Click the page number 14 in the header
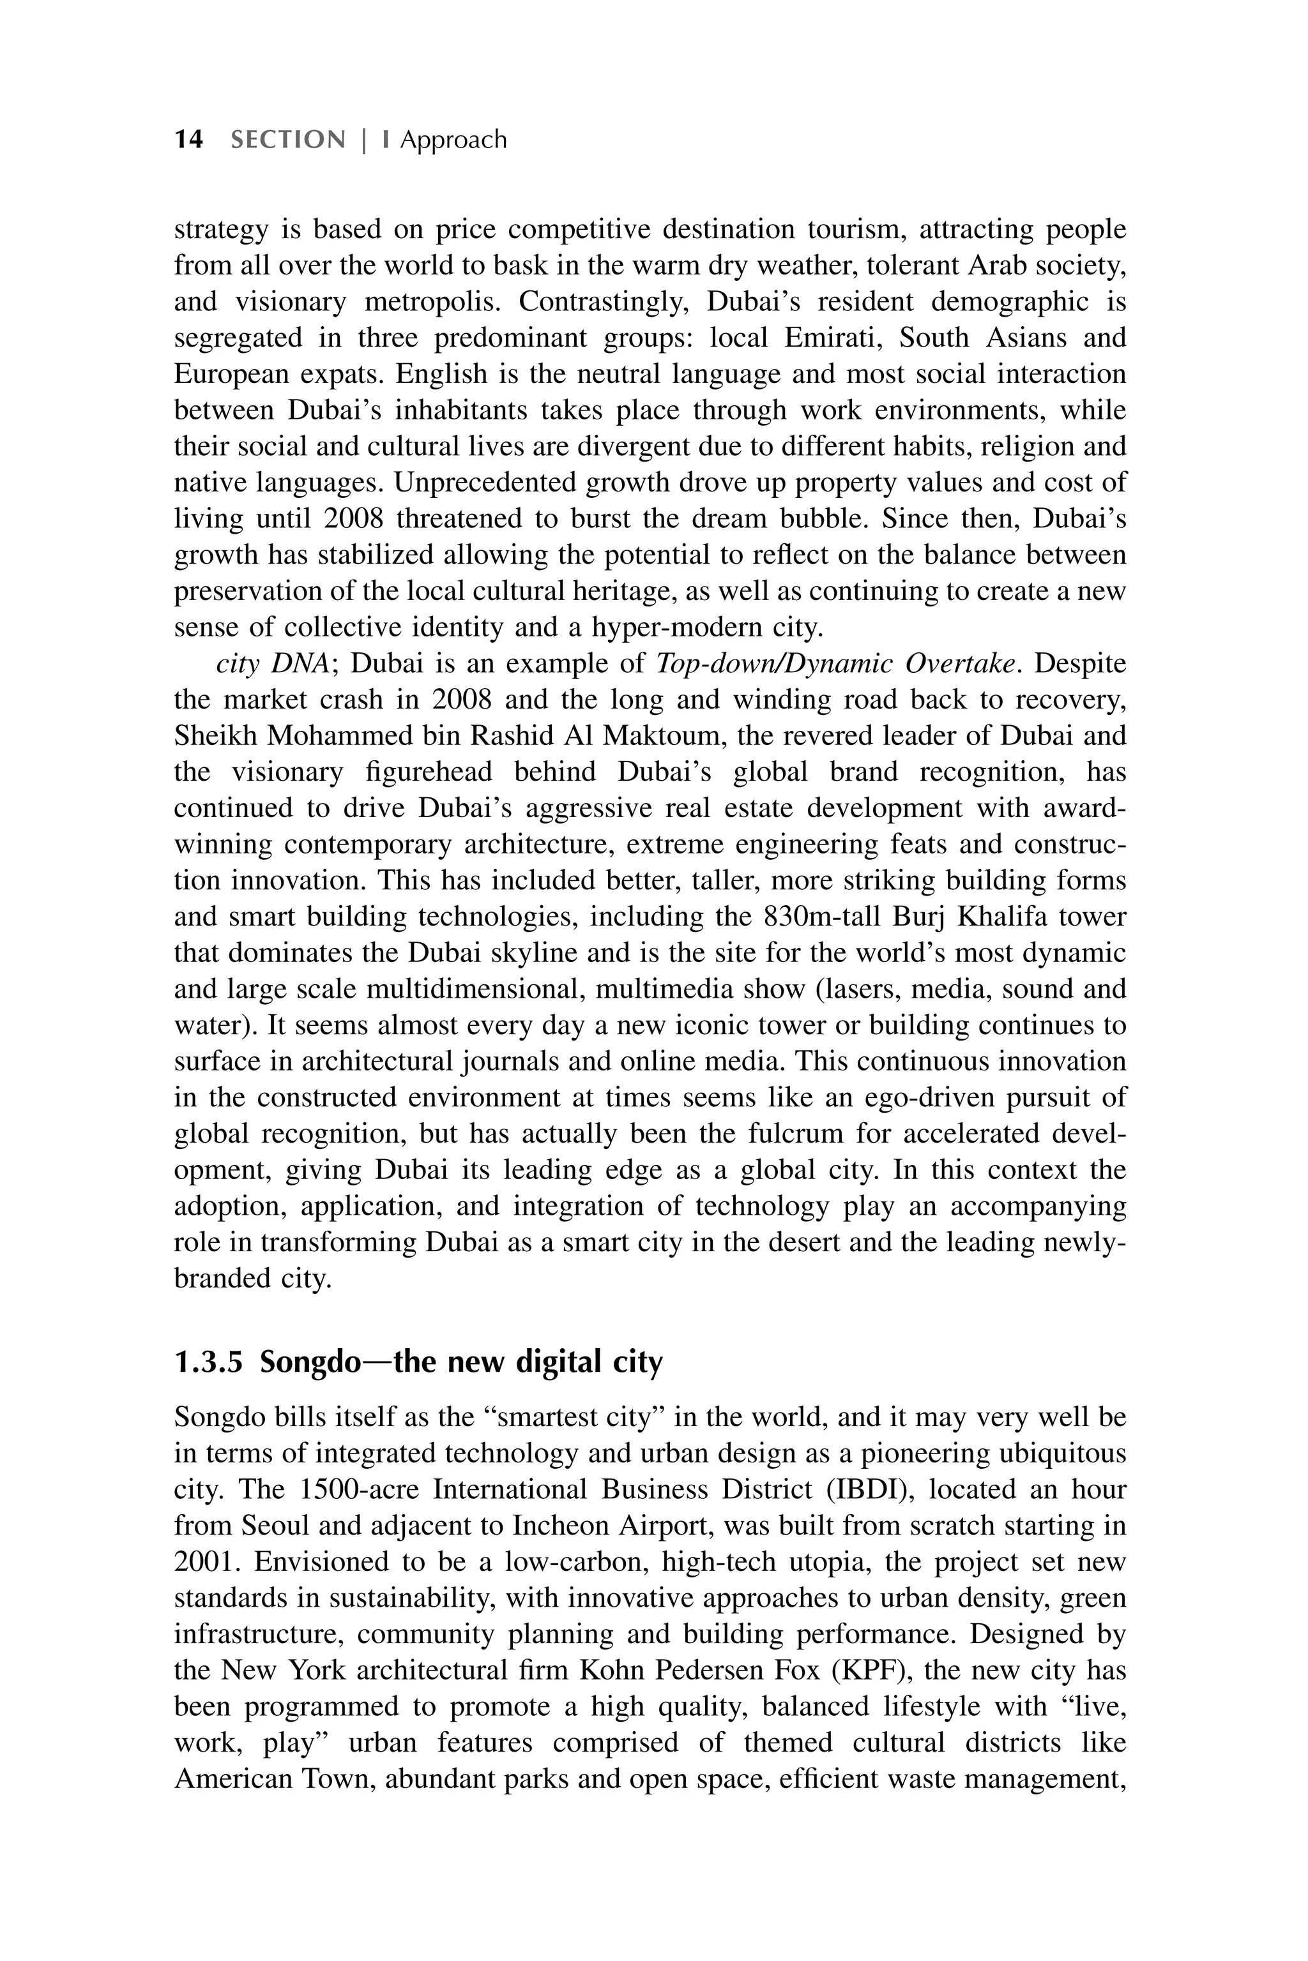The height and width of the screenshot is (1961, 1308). (188, 139)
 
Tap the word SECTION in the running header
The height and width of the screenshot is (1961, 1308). (288, 139)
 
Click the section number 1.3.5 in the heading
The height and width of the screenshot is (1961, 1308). (209, 1362)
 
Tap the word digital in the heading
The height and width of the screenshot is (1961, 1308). (557, 1362)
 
